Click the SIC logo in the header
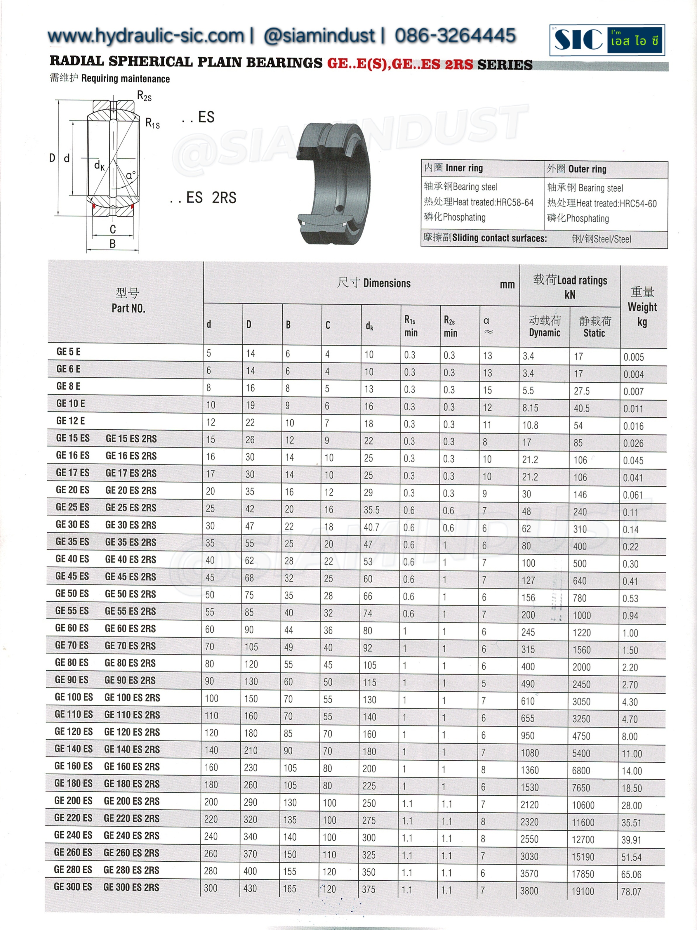[606, 40]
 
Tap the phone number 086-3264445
[455, 35]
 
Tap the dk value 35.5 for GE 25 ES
[372, 510]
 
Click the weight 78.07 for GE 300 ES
[631, 892]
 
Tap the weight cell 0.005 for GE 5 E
[634, 357]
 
